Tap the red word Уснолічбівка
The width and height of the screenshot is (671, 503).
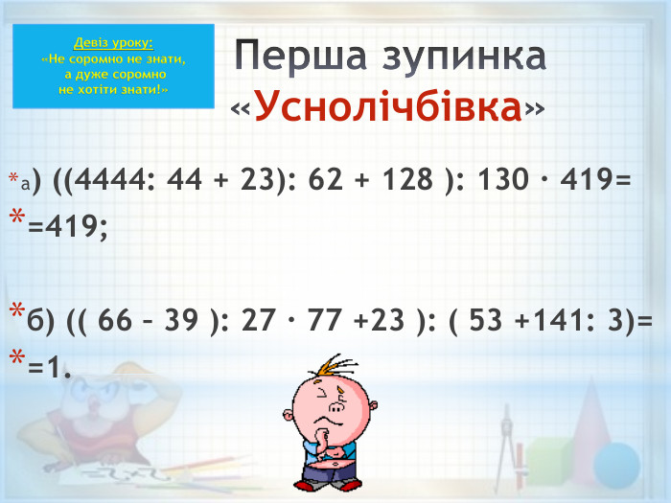pyautogui.click(x=389, y=107)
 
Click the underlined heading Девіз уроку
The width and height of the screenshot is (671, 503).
pyautogui.click(x=113, y=43)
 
